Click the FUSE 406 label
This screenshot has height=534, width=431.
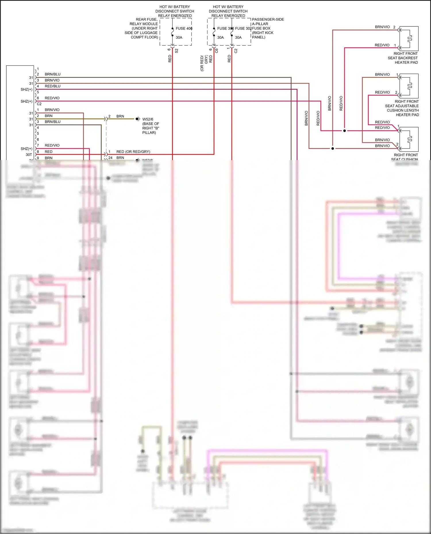[x=184, y=28]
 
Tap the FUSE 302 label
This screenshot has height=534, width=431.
[x=243, y=28]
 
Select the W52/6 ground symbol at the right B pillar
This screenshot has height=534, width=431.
[x=138, y=119]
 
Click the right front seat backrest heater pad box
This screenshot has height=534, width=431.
[x=409, y=38]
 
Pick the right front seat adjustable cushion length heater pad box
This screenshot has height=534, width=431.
[x=409, y=86]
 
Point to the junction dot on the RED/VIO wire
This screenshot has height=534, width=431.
[x=345, y=131]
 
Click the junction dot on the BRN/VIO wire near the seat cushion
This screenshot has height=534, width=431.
[x=332, y=149]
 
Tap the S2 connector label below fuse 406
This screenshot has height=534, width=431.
[x=176, y=51]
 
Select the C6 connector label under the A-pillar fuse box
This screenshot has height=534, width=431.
[x=217, y=51]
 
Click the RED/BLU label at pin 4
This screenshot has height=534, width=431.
[x=53, y=86]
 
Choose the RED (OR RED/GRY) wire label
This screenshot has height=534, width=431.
[x=133, y=152]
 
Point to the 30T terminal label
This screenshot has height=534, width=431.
[x=29, y=155]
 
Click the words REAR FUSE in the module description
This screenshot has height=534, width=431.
[x=146, y=20]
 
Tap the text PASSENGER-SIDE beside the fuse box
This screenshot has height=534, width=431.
[x=268, y=20]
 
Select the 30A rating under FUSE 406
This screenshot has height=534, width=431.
[x=179, y=38]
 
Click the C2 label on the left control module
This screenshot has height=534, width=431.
[x=39, y=104]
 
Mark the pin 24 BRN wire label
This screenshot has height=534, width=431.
[x=120, y=158]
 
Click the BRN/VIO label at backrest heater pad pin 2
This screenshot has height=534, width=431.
[x=382, y=27]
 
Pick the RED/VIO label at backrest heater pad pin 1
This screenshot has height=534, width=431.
[x=382, y=45]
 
